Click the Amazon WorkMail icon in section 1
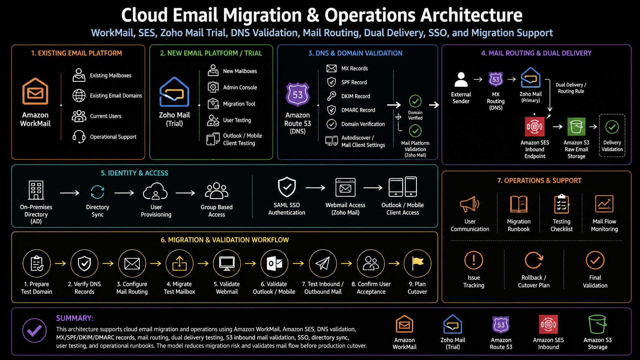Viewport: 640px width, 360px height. [x=35, y=91]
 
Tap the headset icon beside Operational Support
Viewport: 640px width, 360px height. [x=78, y=137]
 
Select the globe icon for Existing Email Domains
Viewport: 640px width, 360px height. [x=78, y=95]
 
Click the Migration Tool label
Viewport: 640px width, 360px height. [x=239, y=104]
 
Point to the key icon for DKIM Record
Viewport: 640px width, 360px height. [x=331, y=96]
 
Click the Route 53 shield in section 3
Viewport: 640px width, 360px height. [x=298, y=94]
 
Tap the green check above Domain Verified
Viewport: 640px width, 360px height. [x=415, y=101]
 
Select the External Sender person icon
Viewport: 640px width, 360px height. [x=461, y=79]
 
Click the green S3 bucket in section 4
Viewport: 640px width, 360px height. [x=576, y=127]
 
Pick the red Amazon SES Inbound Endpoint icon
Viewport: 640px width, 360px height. [x=535, y=127]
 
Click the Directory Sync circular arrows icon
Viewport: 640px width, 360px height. [x=98, y=192]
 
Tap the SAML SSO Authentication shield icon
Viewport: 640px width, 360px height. [x=287, y=187]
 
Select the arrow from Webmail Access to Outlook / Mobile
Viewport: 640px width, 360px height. [x=373, y=188]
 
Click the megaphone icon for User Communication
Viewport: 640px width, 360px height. [x=469, y=204]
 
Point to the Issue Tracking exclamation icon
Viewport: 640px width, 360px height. [x=474, y=260]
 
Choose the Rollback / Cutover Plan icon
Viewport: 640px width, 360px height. [x=534, y=260]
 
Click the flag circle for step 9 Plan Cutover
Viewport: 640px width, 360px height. [x=418, y=263]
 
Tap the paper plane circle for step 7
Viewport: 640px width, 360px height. [x=323, y=263]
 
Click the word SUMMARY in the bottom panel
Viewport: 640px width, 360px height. [x=75, y=318]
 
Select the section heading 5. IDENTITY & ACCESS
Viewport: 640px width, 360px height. [x=135, y=173]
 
